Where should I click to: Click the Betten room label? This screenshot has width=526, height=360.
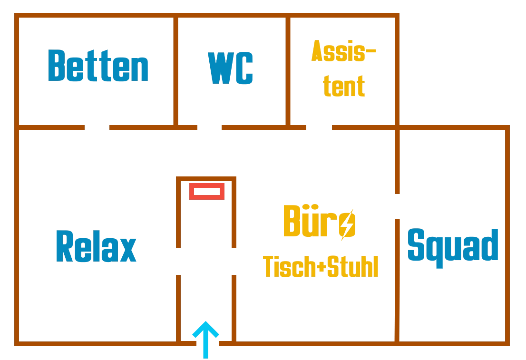pyautogui.click(x=98, y=66)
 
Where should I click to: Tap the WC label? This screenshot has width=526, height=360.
pyautogui.click(x=230, y=68)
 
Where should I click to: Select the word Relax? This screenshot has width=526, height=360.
pyautogui.click(x=96, y=246)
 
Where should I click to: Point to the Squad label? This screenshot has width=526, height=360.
pyautogui.click(x=453, y=248)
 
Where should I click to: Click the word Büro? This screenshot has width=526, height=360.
pyautogui.click(x=320, y=222)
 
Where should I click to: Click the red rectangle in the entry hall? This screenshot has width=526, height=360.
pyautogui.click(x=206, y=191)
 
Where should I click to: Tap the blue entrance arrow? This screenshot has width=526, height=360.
pyautogui.click(x=205, y=340)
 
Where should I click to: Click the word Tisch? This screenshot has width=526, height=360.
pyautogui.click(x=289, y=266)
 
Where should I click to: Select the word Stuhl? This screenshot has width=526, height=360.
pyautogui.click(x=352, y=266)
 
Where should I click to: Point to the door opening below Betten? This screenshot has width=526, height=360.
pyautogui.click(x=97, y=127)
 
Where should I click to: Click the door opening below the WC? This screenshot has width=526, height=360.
pyautogui.click(x=209, y=127)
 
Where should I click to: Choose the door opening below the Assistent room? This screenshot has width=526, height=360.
pyautogui.click(x=319, y=127)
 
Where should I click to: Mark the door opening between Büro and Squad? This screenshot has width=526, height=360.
pyautogui.click(x=397, y=206)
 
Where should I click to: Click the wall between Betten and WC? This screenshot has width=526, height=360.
pyautogui.click(x=175, y=71)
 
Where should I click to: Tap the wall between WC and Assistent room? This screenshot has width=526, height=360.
pyautogui.click(x=288, y=71)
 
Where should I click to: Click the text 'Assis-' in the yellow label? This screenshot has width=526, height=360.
pyautogui.click(x=343, y=51)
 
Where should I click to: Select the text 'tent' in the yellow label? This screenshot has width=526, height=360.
pyautogui.click(x=344, y=86)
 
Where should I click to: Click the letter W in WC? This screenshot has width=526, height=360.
pyautogui.click(x=221, y=68)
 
